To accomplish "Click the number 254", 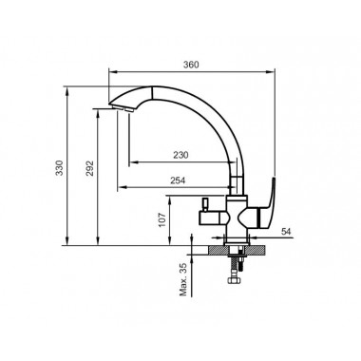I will coord(178,180).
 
